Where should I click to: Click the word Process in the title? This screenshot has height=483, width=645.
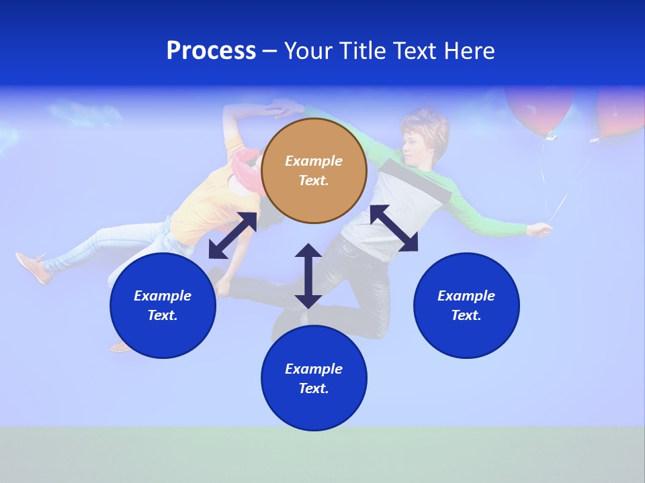click(211, 51)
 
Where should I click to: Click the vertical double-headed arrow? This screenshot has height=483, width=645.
click(308, 276)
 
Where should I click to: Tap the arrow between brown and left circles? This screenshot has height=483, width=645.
click(232, 235)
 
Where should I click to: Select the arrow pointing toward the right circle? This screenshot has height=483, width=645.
click(394, 229)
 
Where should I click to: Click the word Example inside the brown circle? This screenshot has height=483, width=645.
click(314, 161)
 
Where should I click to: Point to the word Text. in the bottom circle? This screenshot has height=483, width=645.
click(314, 388)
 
